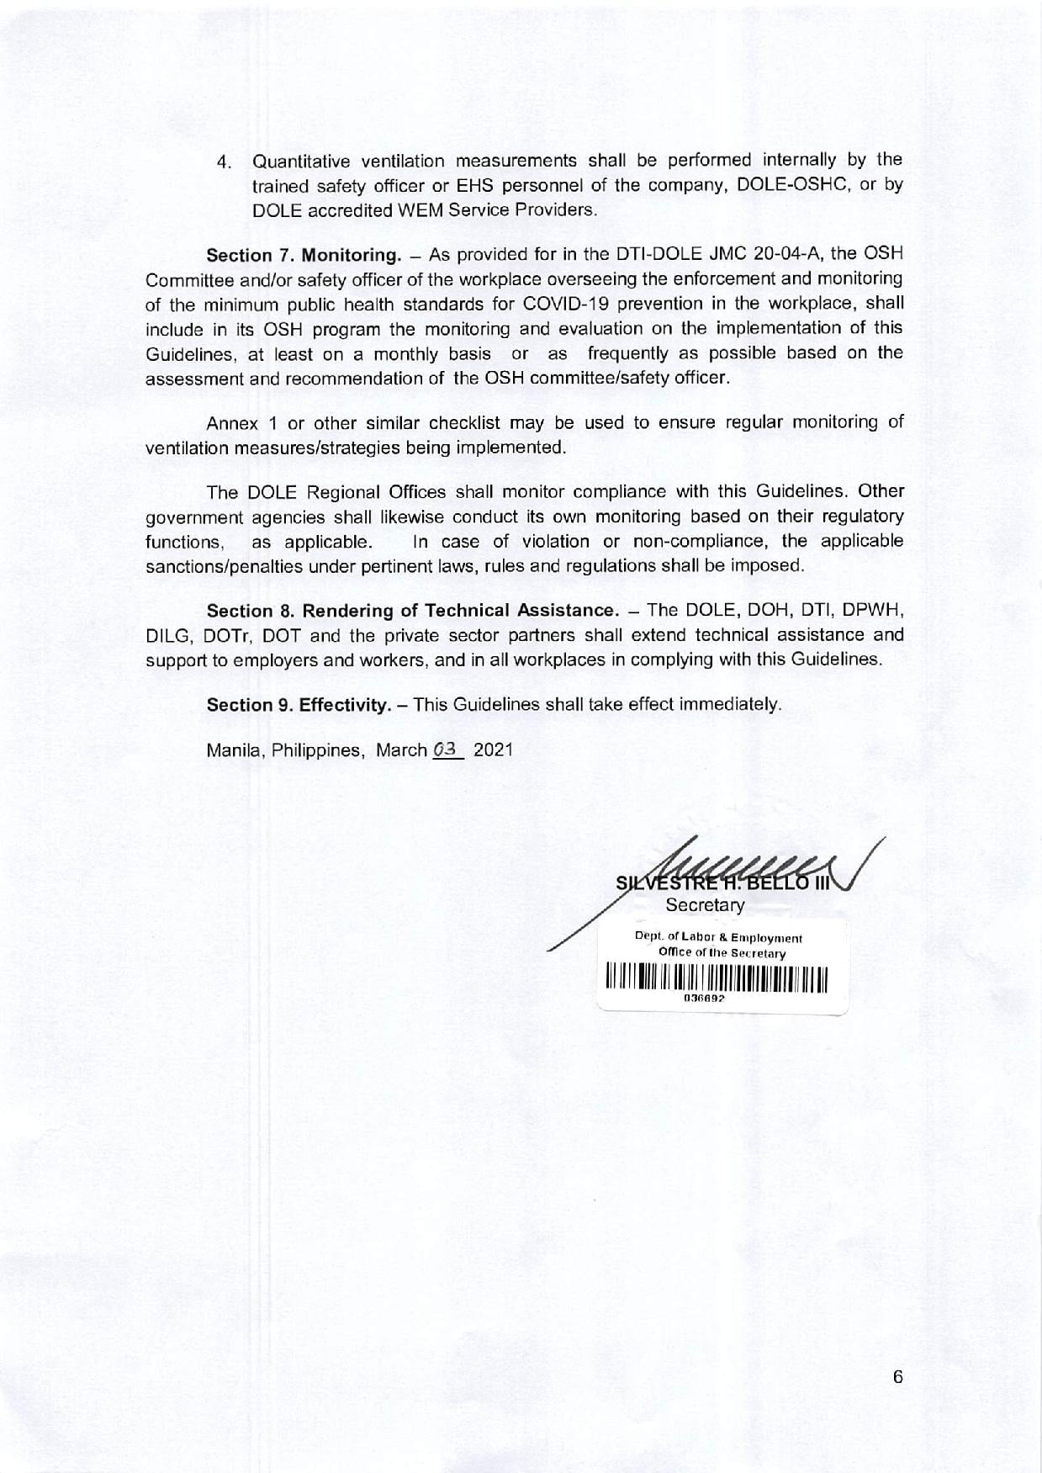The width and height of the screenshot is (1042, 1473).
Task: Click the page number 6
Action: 897,1377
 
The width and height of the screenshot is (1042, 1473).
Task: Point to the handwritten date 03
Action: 447,750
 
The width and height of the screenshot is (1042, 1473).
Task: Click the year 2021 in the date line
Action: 493,750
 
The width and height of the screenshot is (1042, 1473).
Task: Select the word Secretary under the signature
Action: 705,905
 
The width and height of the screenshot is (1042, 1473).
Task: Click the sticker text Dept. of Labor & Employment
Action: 718,938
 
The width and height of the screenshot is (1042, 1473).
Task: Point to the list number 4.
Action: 224,162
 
